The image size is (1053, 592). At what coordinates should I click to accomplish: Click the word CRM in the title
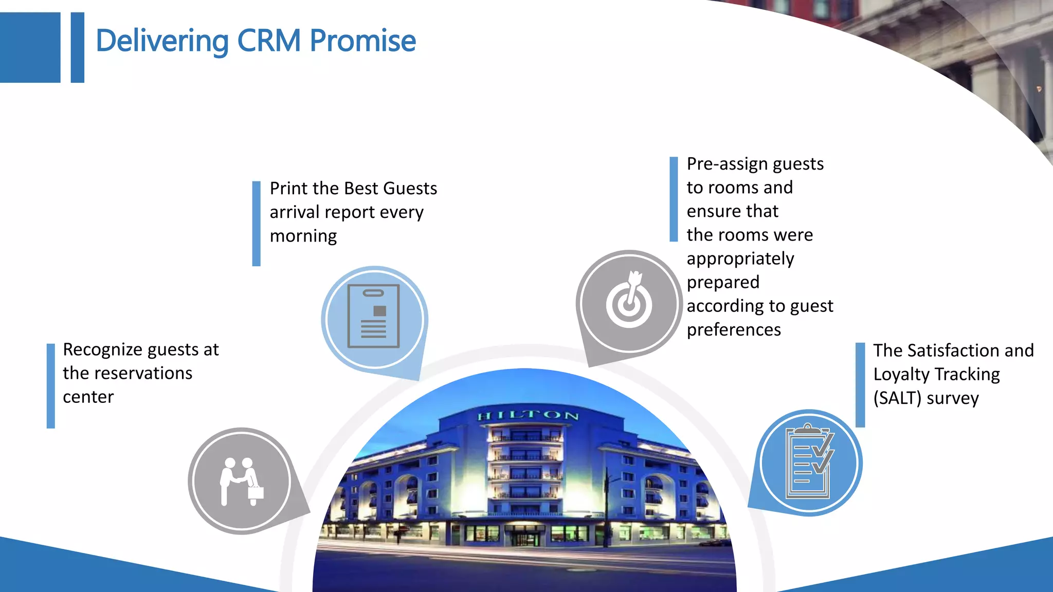268,41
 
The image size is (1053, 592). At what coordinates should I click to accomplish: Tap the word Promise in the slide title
362,41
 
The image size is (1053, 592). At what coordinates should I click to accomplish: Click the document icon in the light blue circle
374,317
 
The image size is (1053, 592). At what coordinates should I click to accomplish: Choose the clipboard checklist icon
809,462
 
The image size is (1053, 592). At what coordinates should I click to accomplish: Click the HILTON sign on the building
528,415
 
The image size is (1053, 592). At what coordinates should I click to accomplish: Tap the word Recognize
102,350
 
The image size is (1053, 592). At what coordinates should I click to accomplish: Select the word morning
303,236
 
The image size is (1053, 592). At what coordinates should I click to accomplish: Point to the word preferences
734,330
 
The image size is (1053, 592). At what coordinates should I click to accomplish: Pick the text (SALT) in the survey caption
897,398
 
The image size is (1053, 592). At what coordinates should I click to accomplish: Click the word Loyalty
901,374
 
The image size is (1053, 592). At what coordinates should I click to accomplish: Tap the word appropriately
740,258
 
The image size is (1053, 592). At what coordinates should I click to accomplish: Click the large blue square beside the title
30,47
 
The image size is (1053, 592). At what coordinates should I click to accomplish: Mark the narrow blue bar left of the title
77,47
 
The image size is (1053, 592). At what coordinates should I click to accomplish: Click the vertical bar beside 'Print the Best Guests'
256,224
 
